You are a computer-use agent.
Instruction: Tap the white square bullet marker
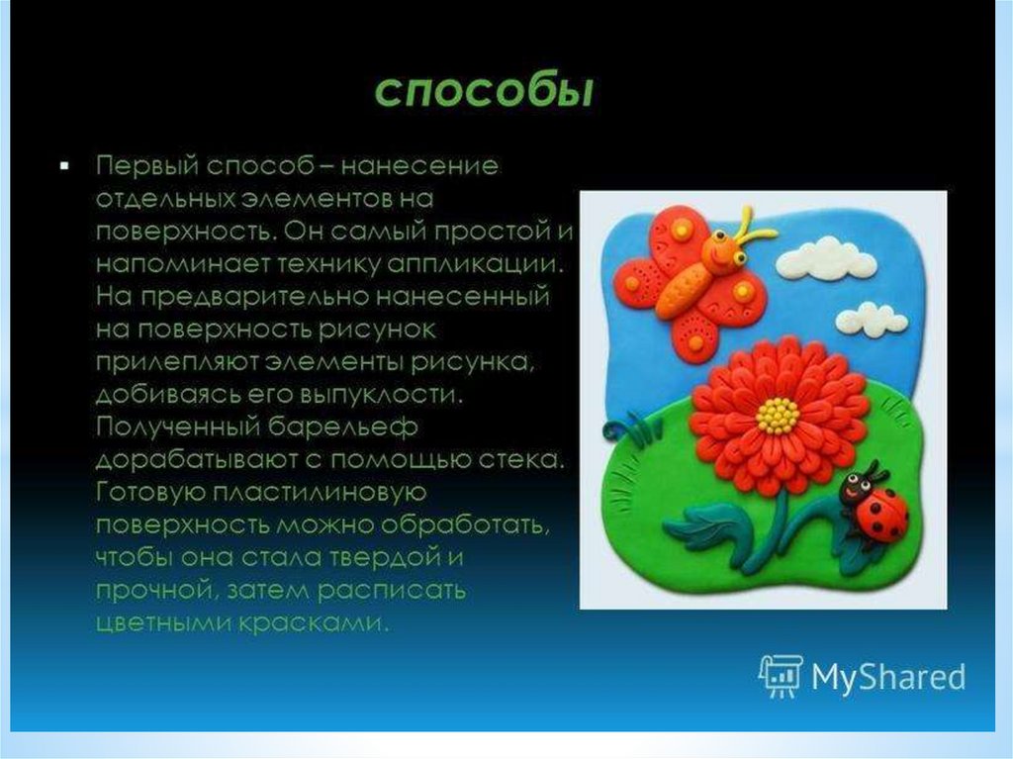click(64, 166)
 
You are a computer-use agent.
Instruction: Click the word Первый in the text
click(146, 166)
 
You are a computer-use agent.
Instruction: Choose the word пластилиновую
click(320, 493)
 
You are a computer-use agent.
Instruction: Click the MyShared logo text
click(888, 677)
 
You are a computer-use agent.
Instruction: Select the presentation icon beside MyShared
click(782, 676)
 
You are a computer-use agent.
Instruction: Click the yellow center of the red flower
click(779, 415)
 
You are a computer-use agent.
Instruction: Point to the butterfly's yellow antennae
click(750, 227)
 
